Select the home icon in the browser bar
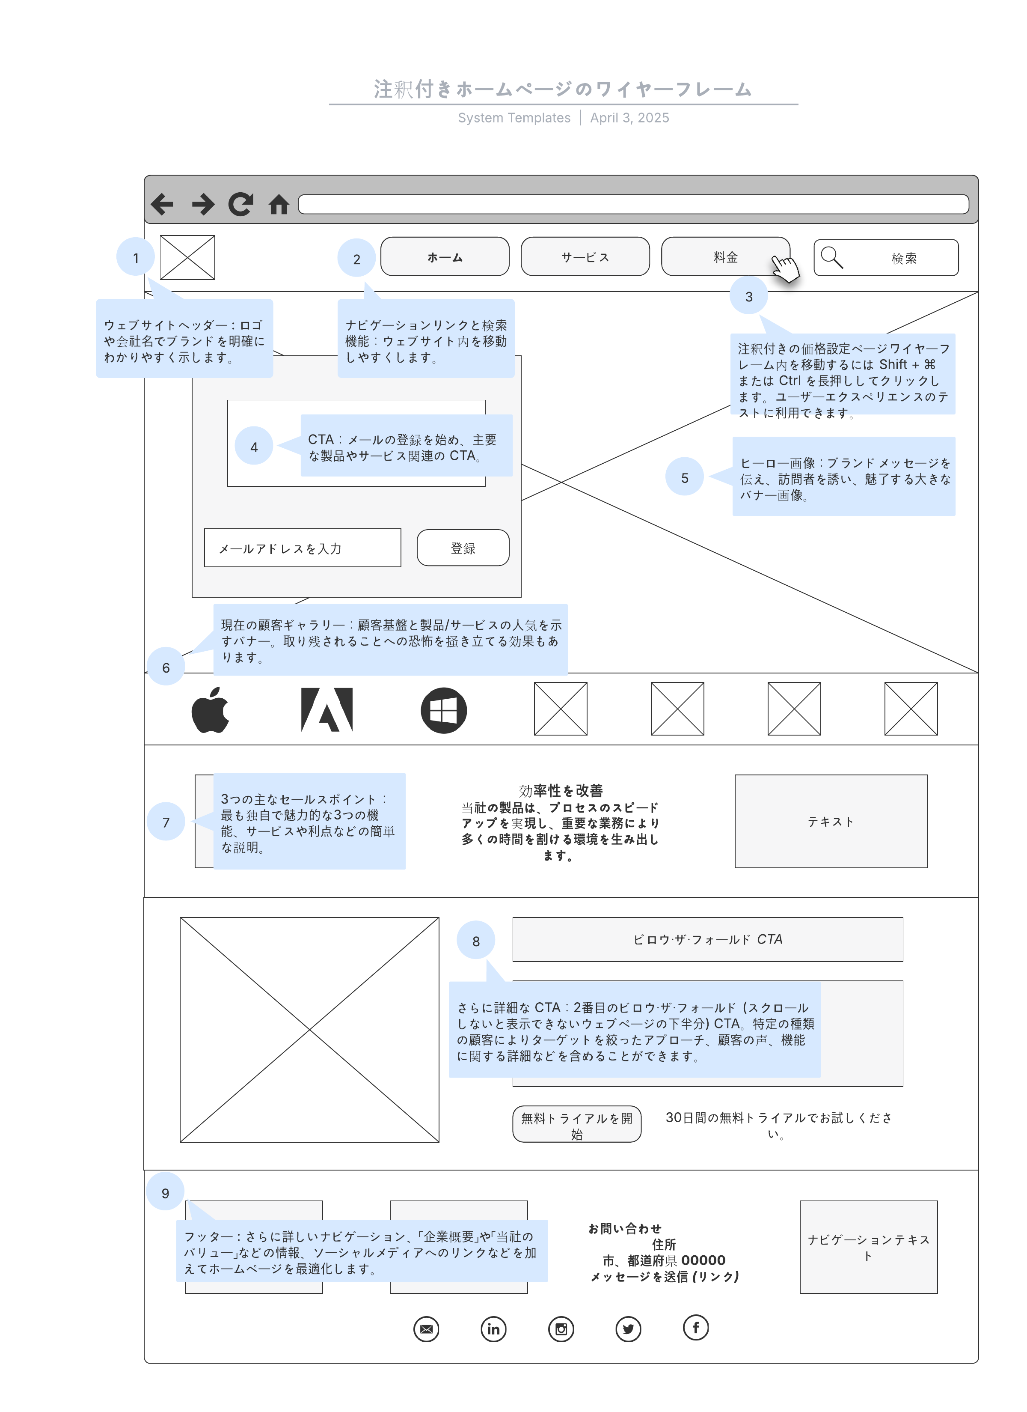[x=279, y=204]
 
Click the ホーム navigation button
[x=445, y=256]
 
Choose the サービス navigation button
[x=585, y=256]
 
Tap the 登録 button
[x=463, y=548]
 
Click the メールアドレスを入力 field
[x=303, y=548]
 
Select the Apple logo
[x=211, y=710]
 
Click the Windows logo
[x=444, y=710]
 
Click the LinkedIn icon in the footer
[x=493, y=1329]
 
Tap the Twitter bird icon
[x=628, y=1329]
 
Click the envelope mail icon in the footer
[x=426, y=1329]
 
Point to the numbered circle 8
[x=476, y=941]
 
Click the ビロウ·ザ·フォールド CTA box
[x=708, y=939]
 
